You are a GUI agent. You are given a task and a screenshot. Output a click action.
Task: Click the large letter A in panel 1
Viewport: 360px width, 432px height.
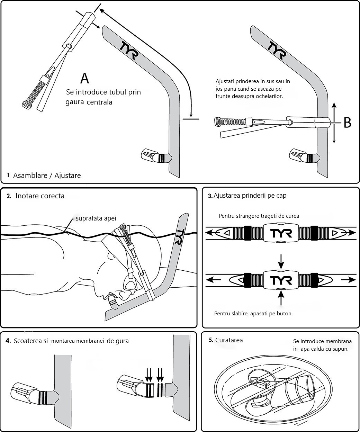(x=84, y=78)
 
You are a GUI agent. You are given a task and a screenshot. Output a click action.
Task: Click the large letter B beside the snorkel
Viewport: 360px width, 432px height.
(x=348, y=123)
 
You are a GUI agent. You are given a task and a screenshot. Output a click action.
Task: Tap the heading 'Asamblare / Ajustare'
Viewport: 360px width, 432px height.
(x=47, y=175)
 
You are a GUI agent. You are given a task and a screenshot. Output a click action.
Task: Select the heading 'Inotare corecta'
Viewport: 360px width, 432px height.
(x=40, y=196)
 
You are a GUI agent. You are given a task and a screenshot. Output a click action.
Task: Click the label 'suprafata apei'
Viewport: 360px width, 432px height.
(x=96, y=218)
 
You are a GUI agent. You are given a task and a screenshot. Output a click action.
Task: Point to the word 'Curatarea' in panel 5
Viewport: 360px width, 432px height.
(x=229, y=340)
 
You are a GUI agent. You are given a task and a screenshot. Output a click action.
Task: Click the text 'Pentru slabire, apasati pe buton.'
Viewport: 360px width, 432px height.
(x=253, y=314)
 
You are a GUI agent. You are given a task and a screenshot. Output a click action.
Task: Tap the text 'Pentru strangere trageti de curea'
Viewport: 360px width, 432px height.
(x=259, y=216)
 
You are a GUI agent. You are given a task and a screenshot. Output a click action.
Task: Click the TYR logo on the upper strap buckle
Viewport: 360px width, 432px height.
(x=281, y=233)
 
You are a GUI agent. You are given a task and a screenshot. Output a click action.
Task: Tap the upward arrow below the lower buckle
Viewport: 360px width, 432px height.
(x=281, y=297)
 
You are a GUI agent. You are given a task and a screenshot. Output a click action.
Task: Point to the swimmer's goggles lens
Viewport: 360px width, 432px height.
(x=130, y=286)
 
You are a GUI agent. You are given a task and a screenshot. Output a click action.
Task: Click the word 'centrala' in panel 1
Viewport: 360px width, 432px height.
(x=99, y=102)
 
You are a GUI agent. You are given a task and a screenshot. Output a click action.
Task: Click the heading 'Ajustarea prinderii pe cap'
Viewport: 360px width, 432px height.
(x=250, y=196)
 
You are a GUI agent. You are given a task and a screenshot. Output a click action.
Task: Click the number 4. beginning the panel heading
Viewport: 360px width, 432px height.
(x=8, y=341)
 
